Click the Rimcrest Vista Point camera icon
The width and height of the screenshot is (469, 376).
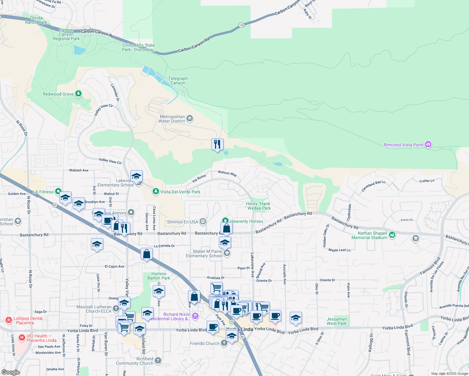coord(428,144)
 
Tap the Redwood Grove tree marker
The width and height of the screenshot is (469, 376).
coord(78,94)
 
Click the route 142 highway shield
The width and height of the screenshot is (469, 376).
coord(241,25)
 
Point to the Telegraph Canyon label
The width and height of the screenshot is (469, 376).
coord(178,81)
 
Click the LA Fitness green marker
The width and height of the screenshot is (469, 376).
coord(58,191)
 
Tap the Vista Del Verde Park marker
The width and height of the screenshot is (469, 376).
coord(155,191)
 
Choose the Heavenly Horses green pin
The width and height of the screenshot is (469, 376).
coord(225,221)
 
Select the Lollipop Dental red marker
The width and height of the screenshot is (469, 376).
coord(9,320)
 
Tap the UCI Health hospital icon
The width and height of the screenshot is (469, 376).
coord(22,337)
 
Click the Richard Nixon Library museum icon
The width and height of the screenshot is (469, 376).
coord(195,316)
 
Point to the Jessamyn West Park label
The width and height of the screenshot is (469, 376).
coord(337,321)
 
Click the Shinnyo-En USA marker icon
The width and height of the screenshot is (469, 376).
coord(203,222)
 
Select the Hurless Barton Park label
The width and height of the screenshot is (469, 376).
coord(159,276)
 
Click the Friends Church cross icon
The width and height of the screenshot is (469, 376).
coord(224,343)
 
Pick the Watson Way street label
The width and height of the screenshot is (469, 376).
coord(227,173)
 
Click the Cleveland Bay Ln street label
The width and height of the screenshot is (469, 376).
coord(373,186)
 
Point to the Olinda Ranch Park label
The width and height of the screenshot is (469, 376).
coord(36,20)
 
